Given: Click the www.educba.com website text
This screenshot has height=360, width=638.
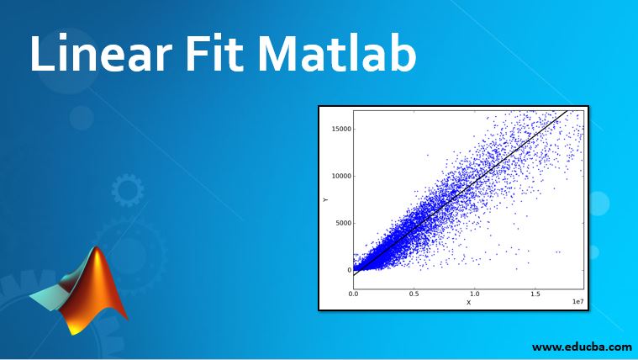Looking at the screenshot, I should coord(581,346).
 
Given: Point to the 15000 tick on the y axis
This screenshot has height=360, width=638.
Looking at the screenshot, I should coord(339,129).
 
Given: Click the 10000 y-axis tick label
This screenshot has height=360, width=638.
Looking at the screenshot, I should coord(339,176).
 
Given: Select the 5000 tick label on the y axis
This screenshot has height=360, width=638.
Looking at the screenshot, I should coord(340,223).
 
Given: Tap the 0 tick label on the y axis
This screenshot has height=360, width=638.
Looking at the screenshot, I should coord(346,270).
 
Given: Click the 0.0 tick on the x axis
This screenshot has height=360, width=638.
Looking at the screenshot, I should coord(354,294).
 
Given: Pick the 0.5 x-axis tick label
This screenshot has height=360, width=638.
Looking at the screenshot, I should coord(414,294).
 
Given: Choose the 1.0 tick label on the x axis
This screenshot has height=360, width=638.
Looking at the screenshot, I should coord(475,294).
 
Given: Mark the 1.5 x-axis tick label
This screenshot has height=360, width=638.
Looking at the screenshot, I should coord(535,294).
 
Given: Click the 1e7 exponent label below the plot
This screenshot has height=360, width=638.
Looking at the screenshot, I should coord(577,301).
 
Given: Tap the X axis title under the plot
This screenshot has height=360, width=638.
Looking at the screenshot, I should coord(468,302).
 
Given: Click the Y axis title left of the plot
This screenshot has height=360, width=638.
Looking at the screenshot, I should coord(325,199).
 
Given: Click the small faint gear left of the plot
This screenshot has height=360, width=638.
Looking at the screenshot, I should coord(128,190).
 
